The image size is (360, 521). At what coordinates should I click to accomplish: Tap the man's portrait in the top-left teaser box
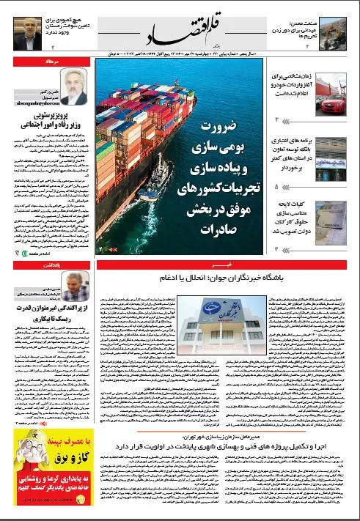(18, 28)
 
